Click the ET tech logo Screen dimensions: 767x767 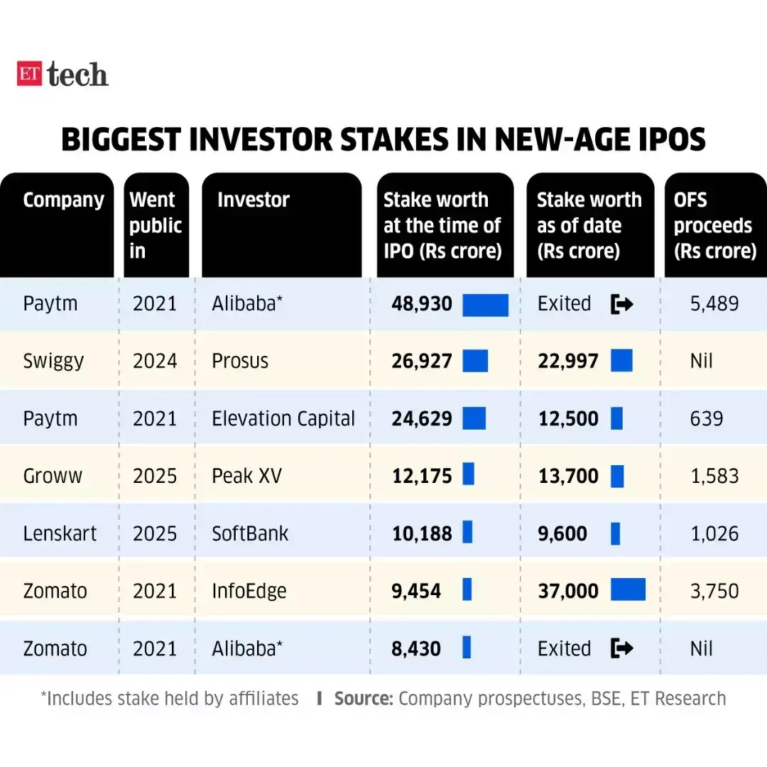tap(62, 74)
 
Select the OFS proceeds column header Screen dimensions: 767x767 tap(714, 225)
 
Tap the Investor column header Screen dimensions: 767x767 tap(253, 200)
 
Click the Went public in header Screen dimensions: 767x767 tap(156, 225)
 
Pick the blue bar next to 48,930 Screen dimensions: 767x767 tap(485, 304)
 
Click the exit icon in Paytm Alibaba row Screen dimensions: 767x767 tap(621, 304)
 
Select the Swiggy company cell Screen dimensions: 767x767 tap(53, 361)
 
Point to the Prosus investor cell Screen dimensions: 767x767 tap(240, 361)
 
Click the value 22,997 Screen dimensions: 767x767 tap(568, 361)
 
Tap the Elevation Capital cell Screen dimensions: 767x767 tap(283, 418)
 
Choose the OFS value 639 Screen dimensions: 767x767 tap(706, 418)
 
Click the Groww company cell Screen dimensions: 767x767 tap(53, 476)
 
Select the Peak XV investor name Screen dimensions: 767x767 tap(246, 476)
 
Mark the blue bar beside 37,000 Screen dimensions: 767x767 tap(628, 590)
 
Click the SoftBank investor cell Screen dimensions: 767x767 tap(250, 533)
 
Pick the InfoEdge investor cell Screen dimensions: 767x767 tap(249, 591)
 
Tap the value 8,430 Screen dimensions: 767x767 tap(416, 648)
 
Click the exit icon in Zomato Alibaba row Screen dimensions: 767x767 tap(621, 648)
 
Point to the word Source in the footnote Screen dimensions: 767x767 tap(363, 699)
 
